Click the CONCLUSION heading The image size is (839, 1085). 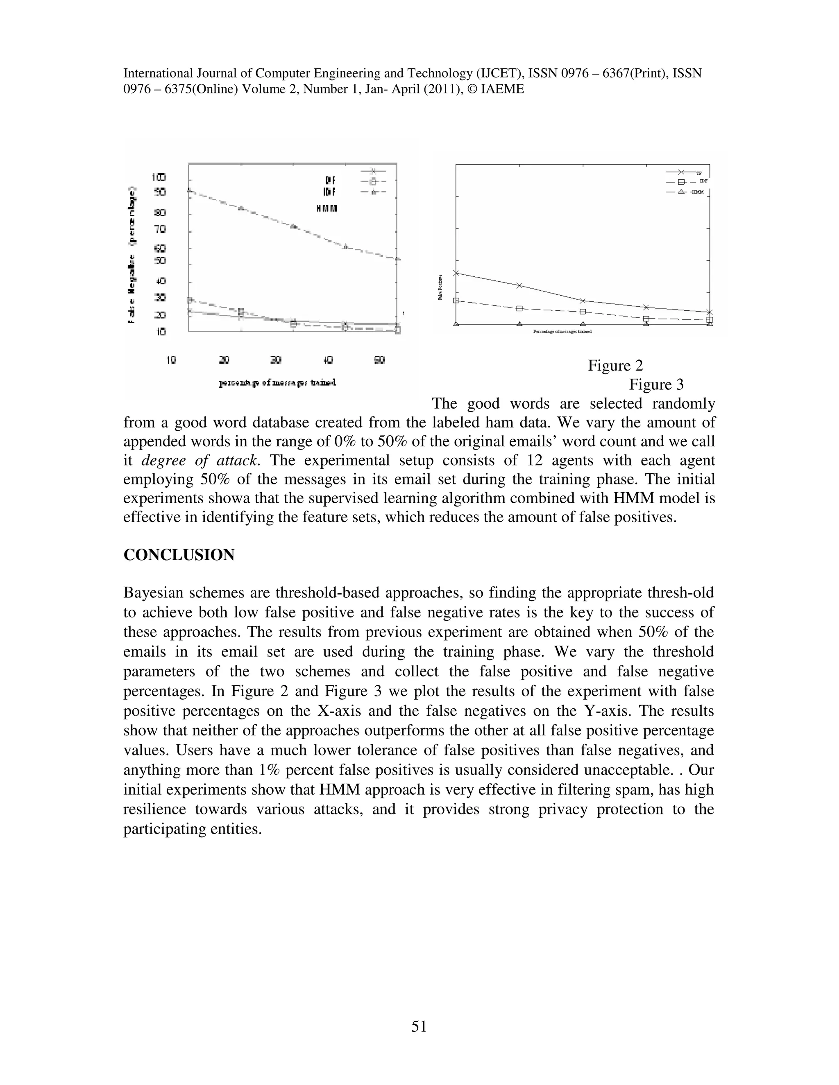pos(179,555)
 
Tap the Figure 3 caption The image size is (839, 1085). pos(656,384)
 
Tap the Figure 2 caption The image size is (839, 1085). pos(615,366)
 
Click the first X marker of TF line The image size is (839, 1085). pos(456,273)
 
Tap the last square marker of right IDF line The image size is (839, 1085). pos(709,320)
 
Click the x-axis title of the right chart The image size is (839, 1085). pos(562,331)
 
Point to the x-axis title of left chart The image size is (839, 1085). pos(277,382)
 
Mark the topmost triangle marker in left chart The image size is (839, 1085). pos(189,190)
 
